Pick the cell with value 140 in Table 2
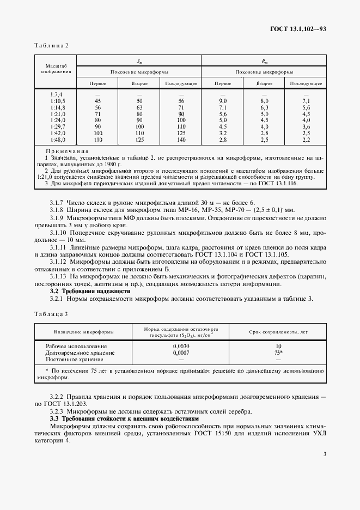coord(181,140)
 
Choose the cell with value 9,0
coord(222,101)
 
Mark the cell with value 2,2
coord(306,140)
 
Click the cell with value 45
coord(98,101)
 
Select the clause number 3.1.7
coord(57,203)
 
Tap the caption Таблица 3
coord(51,314)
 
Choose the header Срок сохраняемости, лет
coord(278,332)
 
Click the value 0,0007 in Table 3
coord(181,353)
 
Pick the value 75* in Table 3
coord(278,353)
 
